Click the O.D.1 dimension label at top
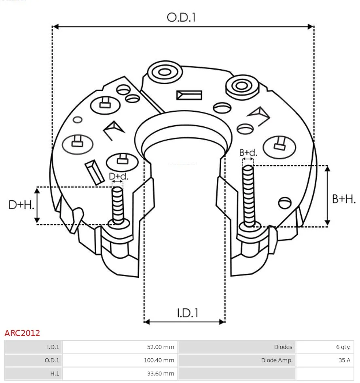pyautogui.click(x=181, y=17)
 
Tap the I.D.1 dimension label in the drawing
pyautogui.click(x=187, y=313)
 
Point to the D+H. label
pyautogui.click(x=21, y=205)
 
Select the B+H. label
pyautogui.click(x=344, y=199)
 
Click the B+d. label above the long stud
pyautogui.click(x=248, y=153)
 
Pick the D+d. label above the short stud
pyautogui.click(x=119, y=176)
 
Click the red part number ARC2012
pyautogui.click(x=22, y=333)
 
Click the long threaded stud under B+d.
pyautogui.click(x=249, y=196)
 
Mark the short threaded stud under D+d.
pyautogui.click(x=118, y=205)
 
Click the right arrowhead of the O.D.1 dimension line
pyautogui.click(x=311, y=27)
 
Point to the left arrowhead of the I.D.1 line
pyautogui.click(x=147, y=322)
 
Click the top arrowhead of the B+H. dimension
pyautogui.click(x=328, y=168)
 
